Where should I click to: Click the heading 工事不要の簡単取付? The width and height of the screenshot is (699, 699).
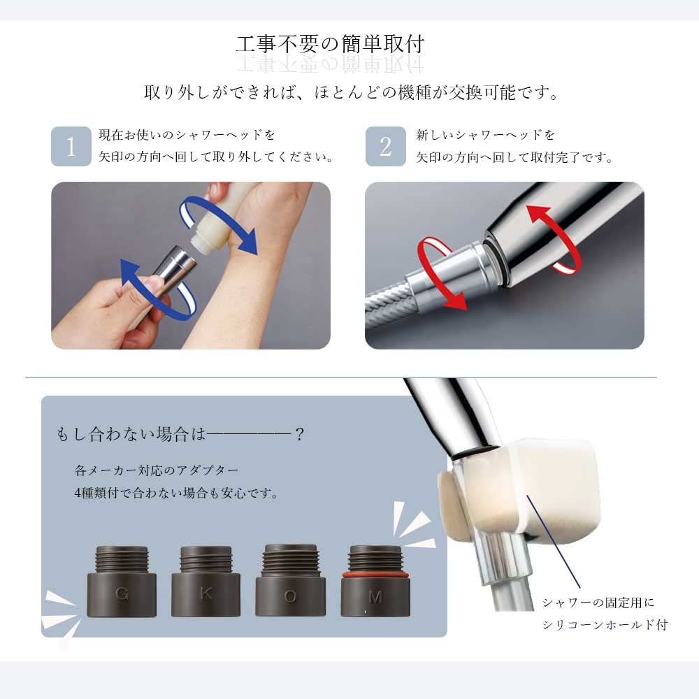[330, 45]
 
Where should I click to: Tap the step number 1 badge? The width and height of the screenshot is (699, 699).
[71, 146]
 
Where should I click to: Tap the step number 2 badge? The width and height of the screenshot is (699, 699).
[385, 146]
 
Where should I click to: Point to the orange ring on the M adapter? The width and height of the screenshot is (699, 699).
[375, 575]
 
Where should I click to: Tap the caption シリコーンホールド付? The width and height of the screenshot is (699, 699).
[605, 624]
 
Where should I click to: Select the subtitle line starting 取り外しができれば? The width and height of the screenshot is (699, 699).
[350, 92]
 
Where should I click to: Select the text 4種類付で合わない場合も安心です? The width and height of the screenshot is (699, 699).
[176, 493]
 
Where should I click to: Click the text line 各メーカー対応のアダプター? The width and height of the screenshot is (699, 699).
[157, 469]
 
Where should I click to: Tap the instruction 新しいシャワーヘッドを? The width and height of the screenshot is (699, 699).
[485, 135]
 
